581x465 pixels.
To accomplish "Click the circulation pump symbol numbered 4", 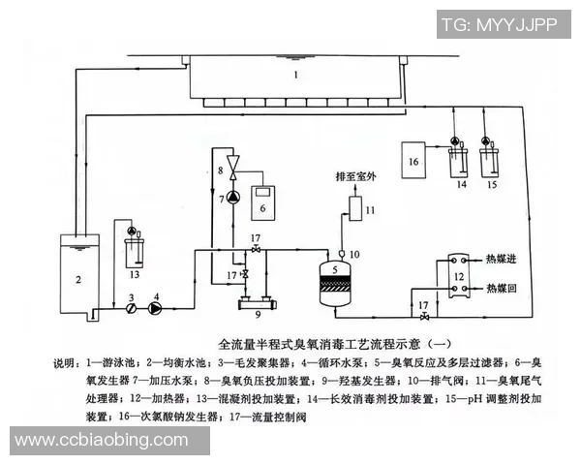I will tap(155, 309).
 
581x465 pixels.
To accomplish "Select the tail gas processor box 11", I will tap(355, 209).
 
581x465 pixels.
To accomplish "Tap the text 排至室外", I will tap(354, 177).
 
